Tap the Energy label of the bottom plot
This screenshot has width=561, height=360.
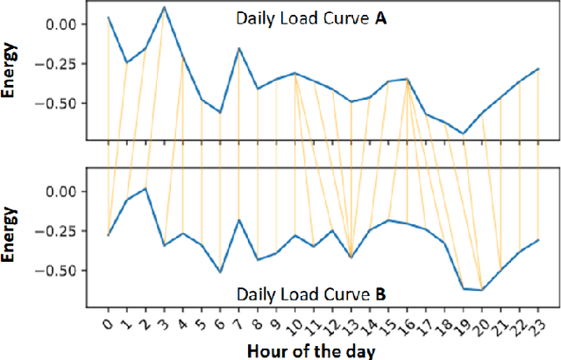pyautogui.click(x=11, y=229)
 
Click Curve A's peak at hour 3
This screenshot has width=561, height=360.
pyautogui.click(x=165, y=7)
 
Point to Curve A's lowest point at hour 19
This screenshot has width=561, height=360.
pyautogui.click(x=464, y=134)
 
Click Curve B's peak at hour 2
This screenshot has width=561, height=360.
pyautogui.click(x=146, y=188)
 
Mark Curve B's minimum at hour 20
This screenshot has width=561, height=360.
pyautogui.click(x=482, y=290)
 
